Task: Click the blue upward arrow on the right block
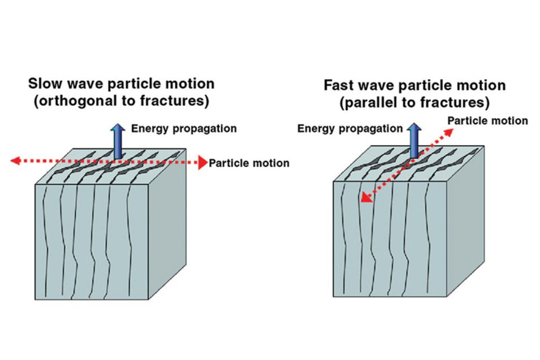tap(414, 140)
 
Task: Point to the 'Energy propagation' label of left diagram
tap(184, 128)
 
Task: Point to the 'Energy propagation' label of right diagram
tap(351, 129)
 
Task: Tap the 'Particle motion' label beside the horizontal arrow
tap(249, 163)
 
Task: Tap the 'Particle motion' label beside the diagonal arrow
tap(487, 121)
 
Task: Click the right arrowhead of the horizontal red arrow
tap(202, 163)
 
